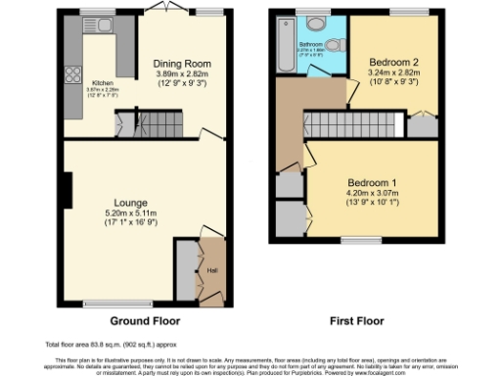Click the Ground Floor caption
tap(143, 321)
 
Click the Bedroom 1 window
tap(367, 240)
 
